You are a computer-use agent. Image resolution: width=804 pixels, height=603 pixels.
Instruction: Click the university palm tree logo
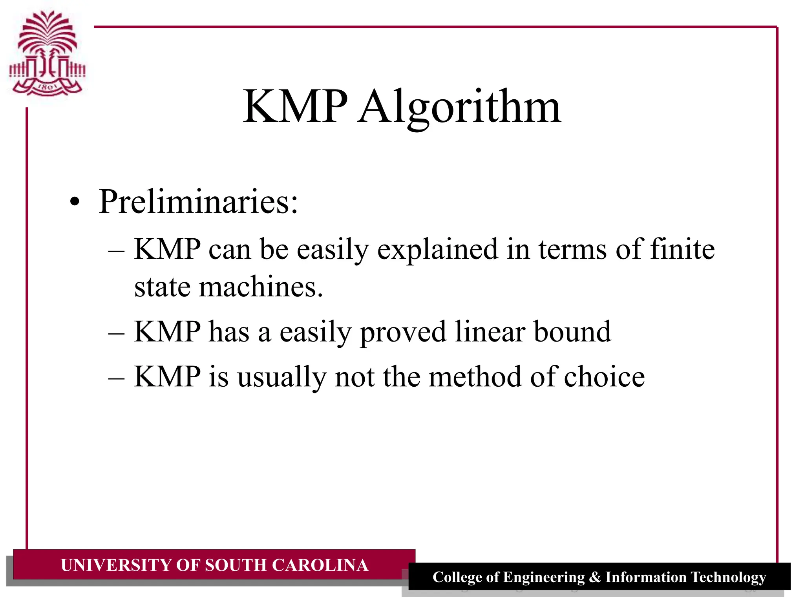[47, 53]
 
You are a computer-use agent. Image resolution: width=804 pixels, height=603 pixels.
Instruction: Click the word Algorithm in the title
[459, 107]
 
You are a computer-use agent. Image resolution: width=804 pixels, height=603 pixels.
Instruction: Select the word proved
[403, 332]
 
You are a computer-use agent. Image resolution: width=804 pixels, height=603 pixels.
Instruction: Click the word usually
[281, 377]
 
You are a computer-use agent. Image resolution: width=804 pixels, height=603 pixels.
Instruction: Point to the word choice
[604, 376]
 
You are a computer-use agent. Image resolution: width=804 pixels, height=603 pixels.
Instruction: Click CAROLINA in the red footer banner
[320, 565]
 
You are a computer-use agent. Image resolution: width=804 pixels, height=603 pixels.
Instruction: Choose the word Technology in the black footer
[728, 577]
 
